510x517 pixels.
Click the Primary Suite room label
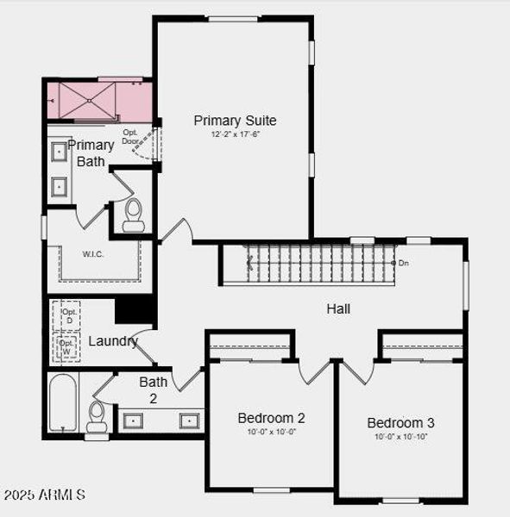point(235,121)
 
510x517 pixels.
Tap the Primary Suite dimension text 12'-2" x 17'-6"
point(235,134)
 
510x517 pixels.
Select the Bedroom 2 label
point(271,418)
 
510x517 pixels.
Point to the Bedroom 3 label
point(400,422)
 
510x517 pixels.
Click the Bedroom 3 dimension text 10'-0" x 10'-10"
point(400,437)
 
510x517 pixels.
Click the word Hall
point(338,308)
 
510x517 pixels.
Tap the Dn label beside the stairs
point(403,263)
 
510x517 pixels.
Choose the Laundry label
point(113,341)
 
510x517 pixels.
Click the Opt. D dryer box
point(68,316)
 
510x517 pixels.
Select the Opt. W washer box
point(67,347)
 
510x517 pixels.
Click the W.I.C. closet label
point(94,254)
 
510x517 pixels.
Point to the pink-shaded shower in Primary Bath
point(99,101)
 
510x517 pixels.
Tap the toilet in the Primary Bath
point(134,215)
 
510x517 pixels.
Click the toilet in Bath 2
point(98,417)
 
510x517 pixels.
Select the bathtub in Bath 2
point(63,402)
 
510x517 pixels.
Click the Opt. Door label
point(130,136)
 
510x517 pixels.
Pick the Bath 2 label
point(154,389)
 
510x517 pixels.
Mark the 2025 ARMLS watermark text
point(44,495)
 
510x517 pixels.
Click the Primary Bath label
point(91,153)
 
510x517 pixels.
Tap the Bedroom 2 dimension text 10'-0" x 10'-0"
point(271,432)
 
